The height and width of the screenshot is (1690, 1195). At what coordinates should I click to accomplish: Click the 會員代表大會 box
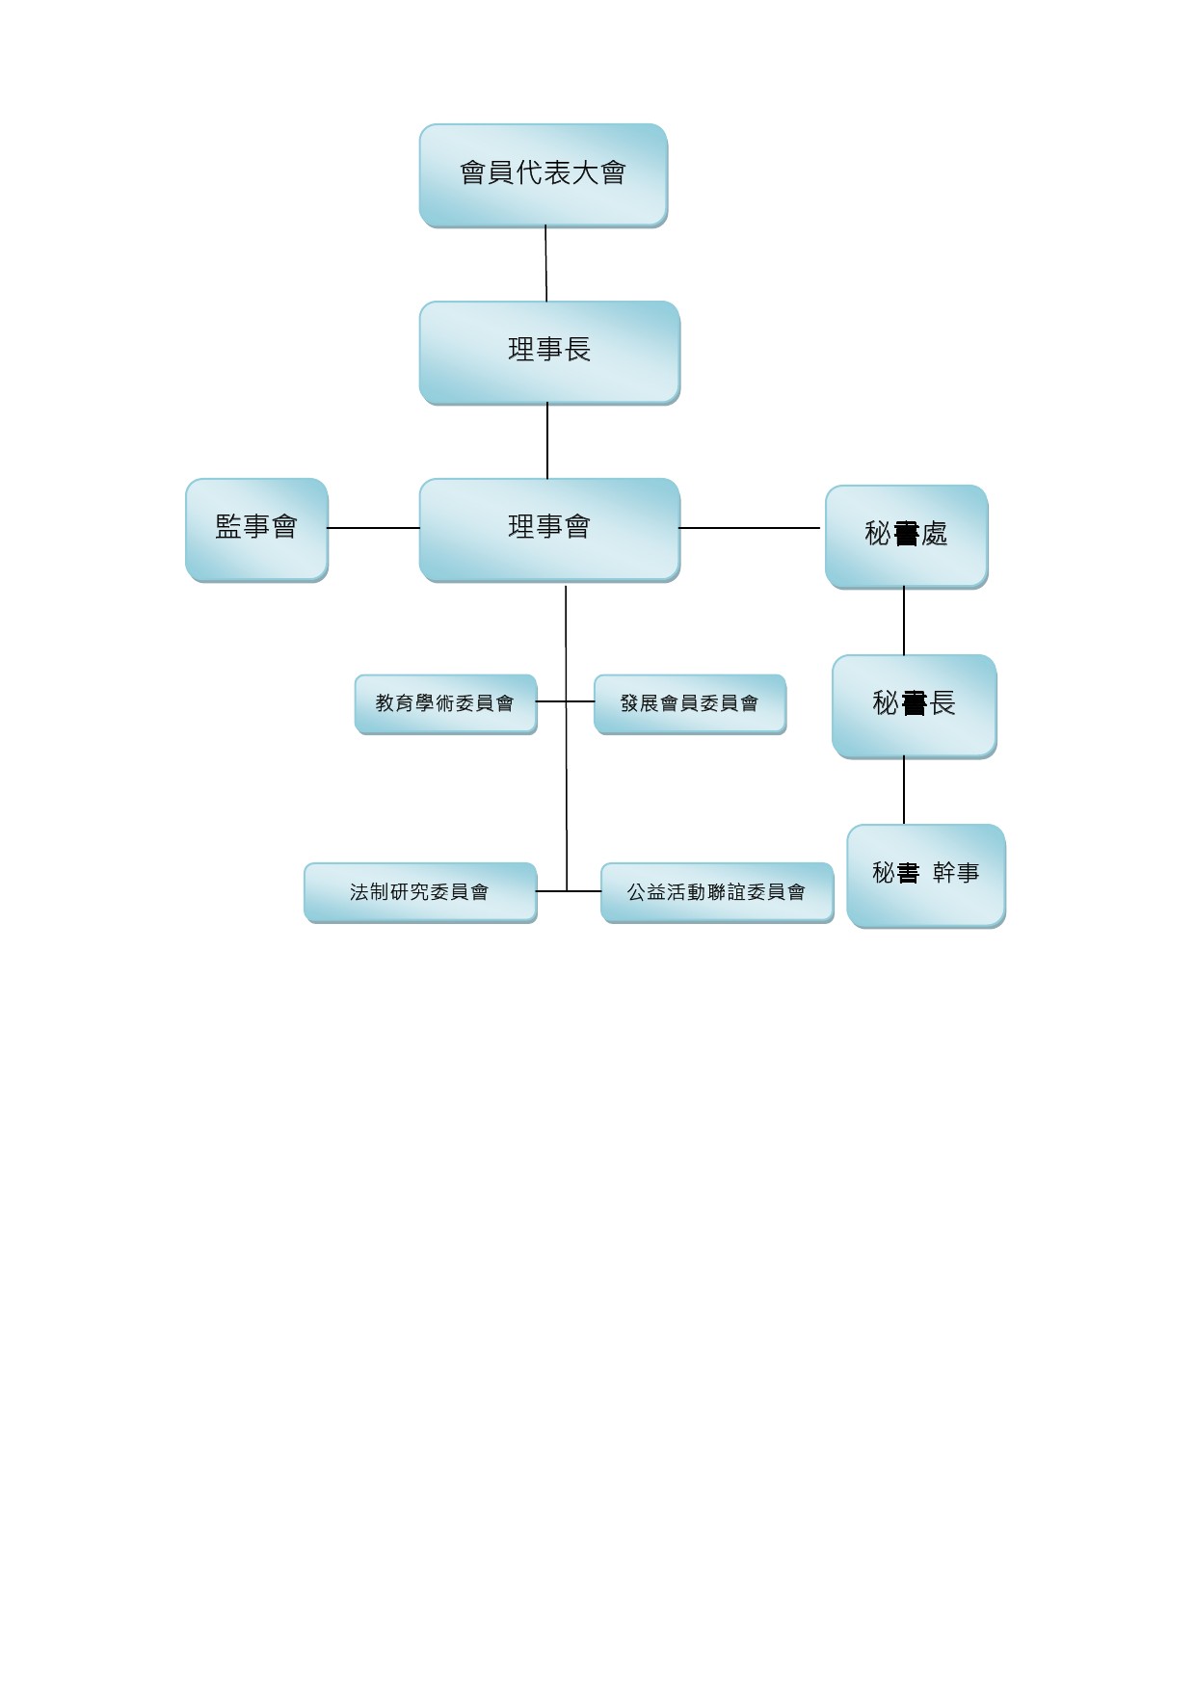click(543, 175)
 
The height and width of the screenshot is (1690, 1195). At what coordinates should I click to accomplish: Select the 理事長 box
click(549, 353)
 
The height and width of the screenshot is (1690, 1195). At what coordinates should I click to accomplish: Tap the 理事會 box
click(549, 530)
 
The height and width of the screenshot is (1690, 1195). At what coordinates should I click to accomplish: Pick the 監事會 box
click(256, 530)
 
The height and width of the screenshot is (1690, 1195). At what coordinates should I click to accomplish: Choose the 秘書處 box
click(906, 537)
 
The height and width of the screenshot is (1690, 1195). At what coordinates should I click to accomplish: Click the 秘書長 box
click(914, 706)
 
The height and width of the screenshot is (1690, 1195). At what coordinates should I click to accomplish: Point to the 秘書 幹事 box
click(925, 876)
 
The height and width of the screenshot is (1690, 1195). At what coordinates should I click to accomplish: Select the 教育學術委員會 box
click(445, 704)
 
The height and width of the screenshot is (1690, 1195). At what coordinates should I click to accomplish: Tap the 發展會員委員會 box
click(690, 704)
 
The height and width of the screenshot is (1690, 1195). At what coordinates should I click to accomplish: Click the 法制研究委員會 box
click(420, 893)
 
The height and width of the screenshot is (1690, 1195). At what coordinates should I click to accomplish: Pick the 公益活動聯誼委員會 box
click(717, 893)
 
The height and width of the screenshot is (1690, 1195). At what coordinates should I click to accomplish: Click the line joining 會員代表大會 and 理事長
click(546, 264)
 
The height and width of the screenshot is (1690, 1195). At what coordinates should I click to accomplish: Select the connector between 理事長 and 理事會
click(547, 441)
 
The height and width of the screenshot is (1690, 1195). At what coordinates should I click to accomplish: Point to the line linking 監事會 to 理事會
click(374, 528)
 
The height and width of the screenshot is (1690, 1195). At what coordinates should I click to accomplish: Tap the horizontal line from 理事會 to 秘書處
click(750, 528)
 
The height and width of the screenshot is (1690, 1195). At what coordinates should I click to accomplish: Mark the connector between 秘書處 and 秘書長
click(904, 621)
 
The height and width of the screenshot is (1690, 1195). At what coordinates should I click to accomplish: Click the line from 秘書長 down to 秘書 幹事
click(904, 790)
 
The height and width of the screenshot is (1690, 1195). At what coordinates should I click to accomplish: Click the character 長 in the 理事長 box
click(578, 350)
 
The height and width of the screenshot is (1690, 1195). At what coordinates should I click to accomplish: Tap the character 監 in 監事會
click(228, 527)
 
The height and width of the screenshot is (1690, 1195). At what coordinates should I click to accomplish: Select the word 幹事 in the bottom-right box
click(956, 873)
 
